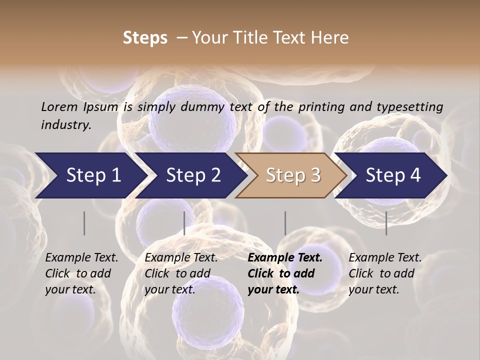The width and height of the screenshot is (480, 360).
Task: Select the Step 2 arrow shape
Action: point(193,175)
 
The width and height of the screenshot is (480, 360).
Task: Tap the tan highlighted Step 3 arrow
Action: point(293,175)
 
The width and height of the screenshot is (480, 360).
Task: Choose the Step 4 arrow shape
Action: point(393,175)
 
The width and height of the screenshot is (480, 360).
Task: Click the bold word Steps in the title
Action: point(145,38)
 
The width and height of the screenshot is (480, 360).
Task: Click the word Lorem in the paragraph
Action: point(59,106)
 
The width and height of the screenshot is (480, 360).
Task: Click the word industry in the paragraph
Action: point(65,124)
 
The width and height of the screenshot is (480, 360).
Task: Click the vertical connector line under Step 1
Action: point(84,223)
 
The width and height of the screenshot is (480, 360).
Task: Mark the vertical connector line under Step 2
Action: point(184,223)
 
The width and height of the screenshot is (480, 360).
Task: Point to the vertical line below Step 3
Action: point(285,223)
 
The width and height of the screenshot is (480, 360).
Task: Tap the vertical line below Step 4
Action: point(386,223)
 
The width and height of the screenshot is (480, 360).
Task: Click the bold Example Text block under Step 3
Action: point(285,273)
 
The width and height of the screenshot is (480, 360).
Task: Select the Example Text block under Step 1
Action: point(81,273)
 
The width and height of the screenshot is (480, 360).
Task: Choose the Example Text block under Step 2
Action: point(181,273)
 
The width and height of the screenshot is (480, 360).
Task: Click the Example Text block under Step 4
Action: point(385,273)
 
